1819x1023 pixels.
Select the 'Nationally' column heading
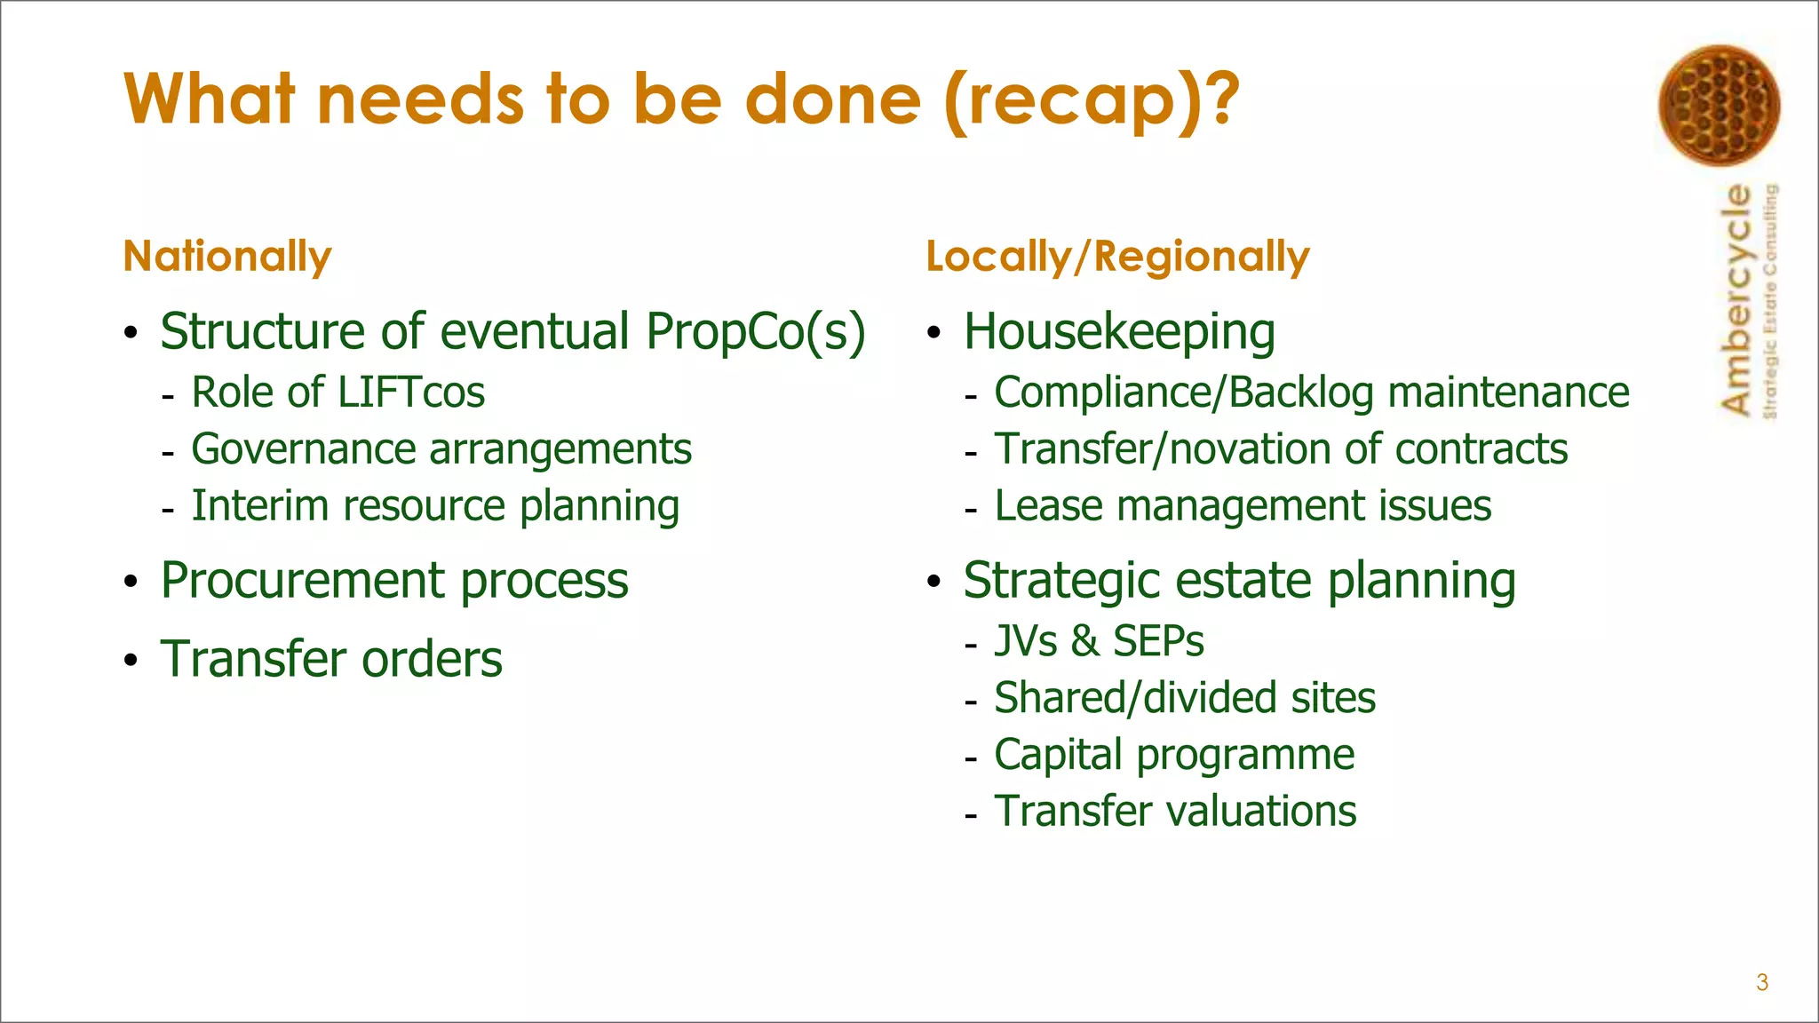pos(227,257)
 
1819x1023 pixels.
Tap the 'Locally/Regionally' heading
pos(1117,257)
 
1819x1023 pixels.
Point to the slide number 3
pos(1762,982)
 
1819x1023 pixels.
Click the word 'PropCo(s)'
pos(755,332)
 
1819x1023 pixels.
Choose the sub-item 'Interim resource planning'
pos(435,506)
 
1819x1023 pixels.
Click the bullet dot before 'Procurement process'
pos(131,583)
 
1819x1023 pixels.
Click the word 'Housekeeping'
pos(1119,332)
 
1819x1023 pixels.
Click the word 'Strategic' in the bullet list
pos(1061,581)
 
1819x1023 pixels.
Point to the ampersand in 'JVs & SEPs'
pos(1084,641)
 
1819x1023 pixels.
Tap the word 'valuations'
pos(1260,812)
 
